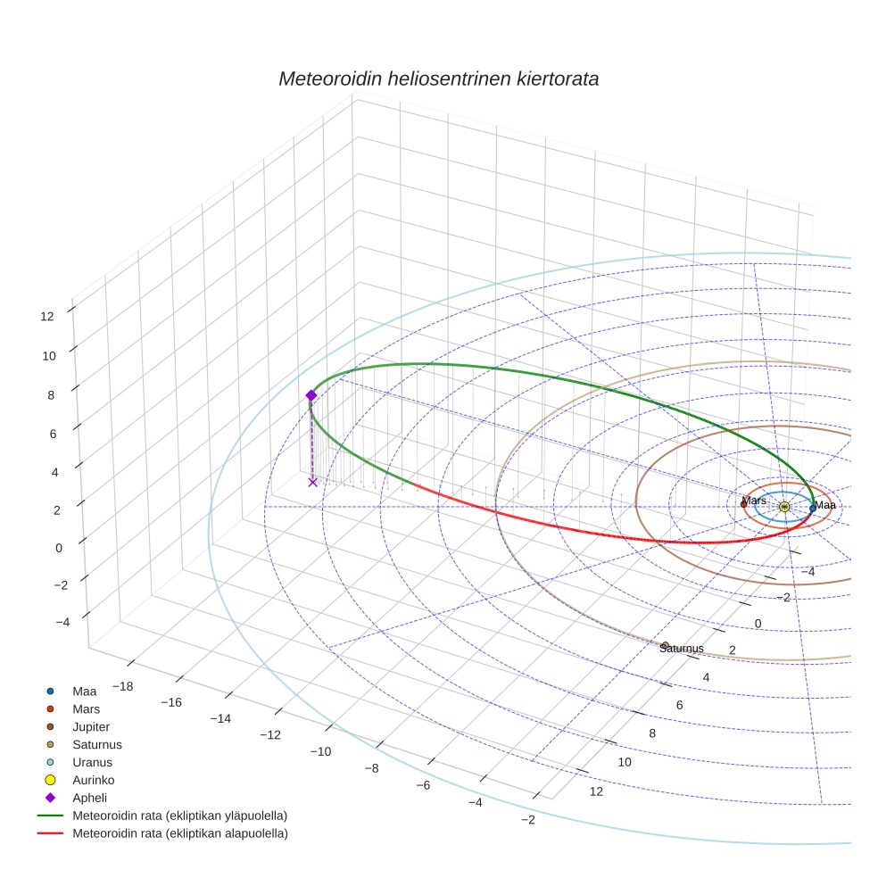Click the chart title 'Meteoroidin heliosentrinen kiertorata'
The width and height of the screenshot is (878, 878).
tap(438, 79)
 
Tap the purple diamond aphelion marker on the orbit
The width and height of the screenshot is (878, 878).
tap(311, 395)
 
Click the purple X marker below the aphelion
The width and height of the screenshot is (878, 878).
tap(312, 482)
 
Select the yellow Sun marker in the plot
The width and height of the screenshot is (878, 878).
tap(784, 507)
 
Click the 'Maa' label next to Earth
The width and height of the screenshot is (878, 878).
tap(825, 506)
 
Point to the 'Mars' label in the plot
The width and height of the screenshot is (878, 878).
tap(755, 501)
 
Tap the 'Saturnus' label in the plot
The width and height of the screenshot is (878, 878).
tap(682, 649)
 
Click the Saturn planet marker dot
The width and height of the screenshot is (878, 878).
tap(666, 644)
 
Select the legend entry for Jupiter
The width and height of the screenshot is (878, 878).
tap(91, 726)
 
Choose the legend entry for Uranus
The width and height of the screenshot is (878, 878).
tap(92, 762)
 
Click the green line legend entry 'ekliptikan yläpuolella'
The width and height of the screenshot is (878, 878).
tap(179, 816)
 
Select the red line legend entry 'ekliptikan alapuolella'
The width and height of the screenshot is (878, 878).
tap(179, 833)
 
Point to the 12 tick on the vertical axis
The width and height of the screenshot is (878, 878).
tap(47, 315)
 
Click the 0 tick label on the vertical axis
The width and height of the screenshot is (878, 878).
tap(59, 548)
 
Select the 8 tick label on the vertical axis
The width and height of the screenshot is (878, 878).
tap(51, 394)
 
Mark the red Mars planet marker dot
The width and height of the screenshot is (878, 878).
tap(743, 504)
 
